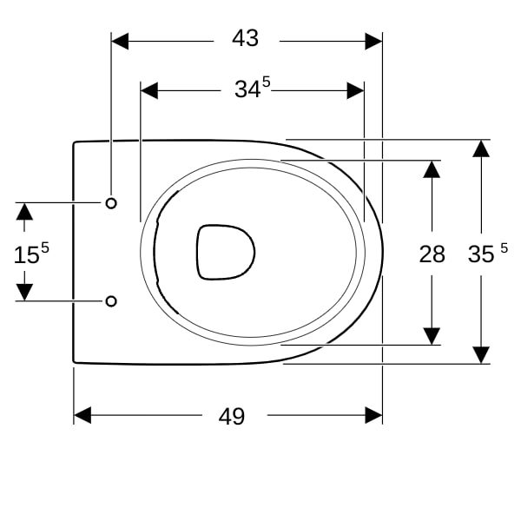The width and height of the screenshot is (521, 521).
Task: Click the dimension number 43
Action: point(245,38)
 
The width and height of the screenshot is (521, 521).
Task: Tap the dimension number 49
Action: point(232,416)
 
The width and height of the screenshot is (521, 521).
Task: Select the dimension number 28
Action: point(432,254)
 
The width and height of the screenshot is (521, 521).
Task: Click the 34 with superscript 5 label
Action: point(252,88)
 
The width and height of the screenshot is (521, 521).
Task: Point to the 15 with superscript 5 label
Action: point(31,253)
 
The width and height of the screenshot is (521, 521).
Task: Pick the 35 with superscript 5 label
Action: point(488,254)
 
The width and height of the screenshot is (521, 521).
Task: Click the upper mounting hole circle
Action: point(111,203)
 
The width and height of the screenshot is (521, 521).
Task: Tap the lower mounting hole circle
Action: point(111,301)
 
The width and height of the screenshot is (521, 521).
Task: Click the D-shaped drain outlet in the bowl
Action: point(226,252)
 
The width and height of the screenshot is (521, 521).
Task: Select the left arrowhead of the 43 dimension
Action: point(120,41)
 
